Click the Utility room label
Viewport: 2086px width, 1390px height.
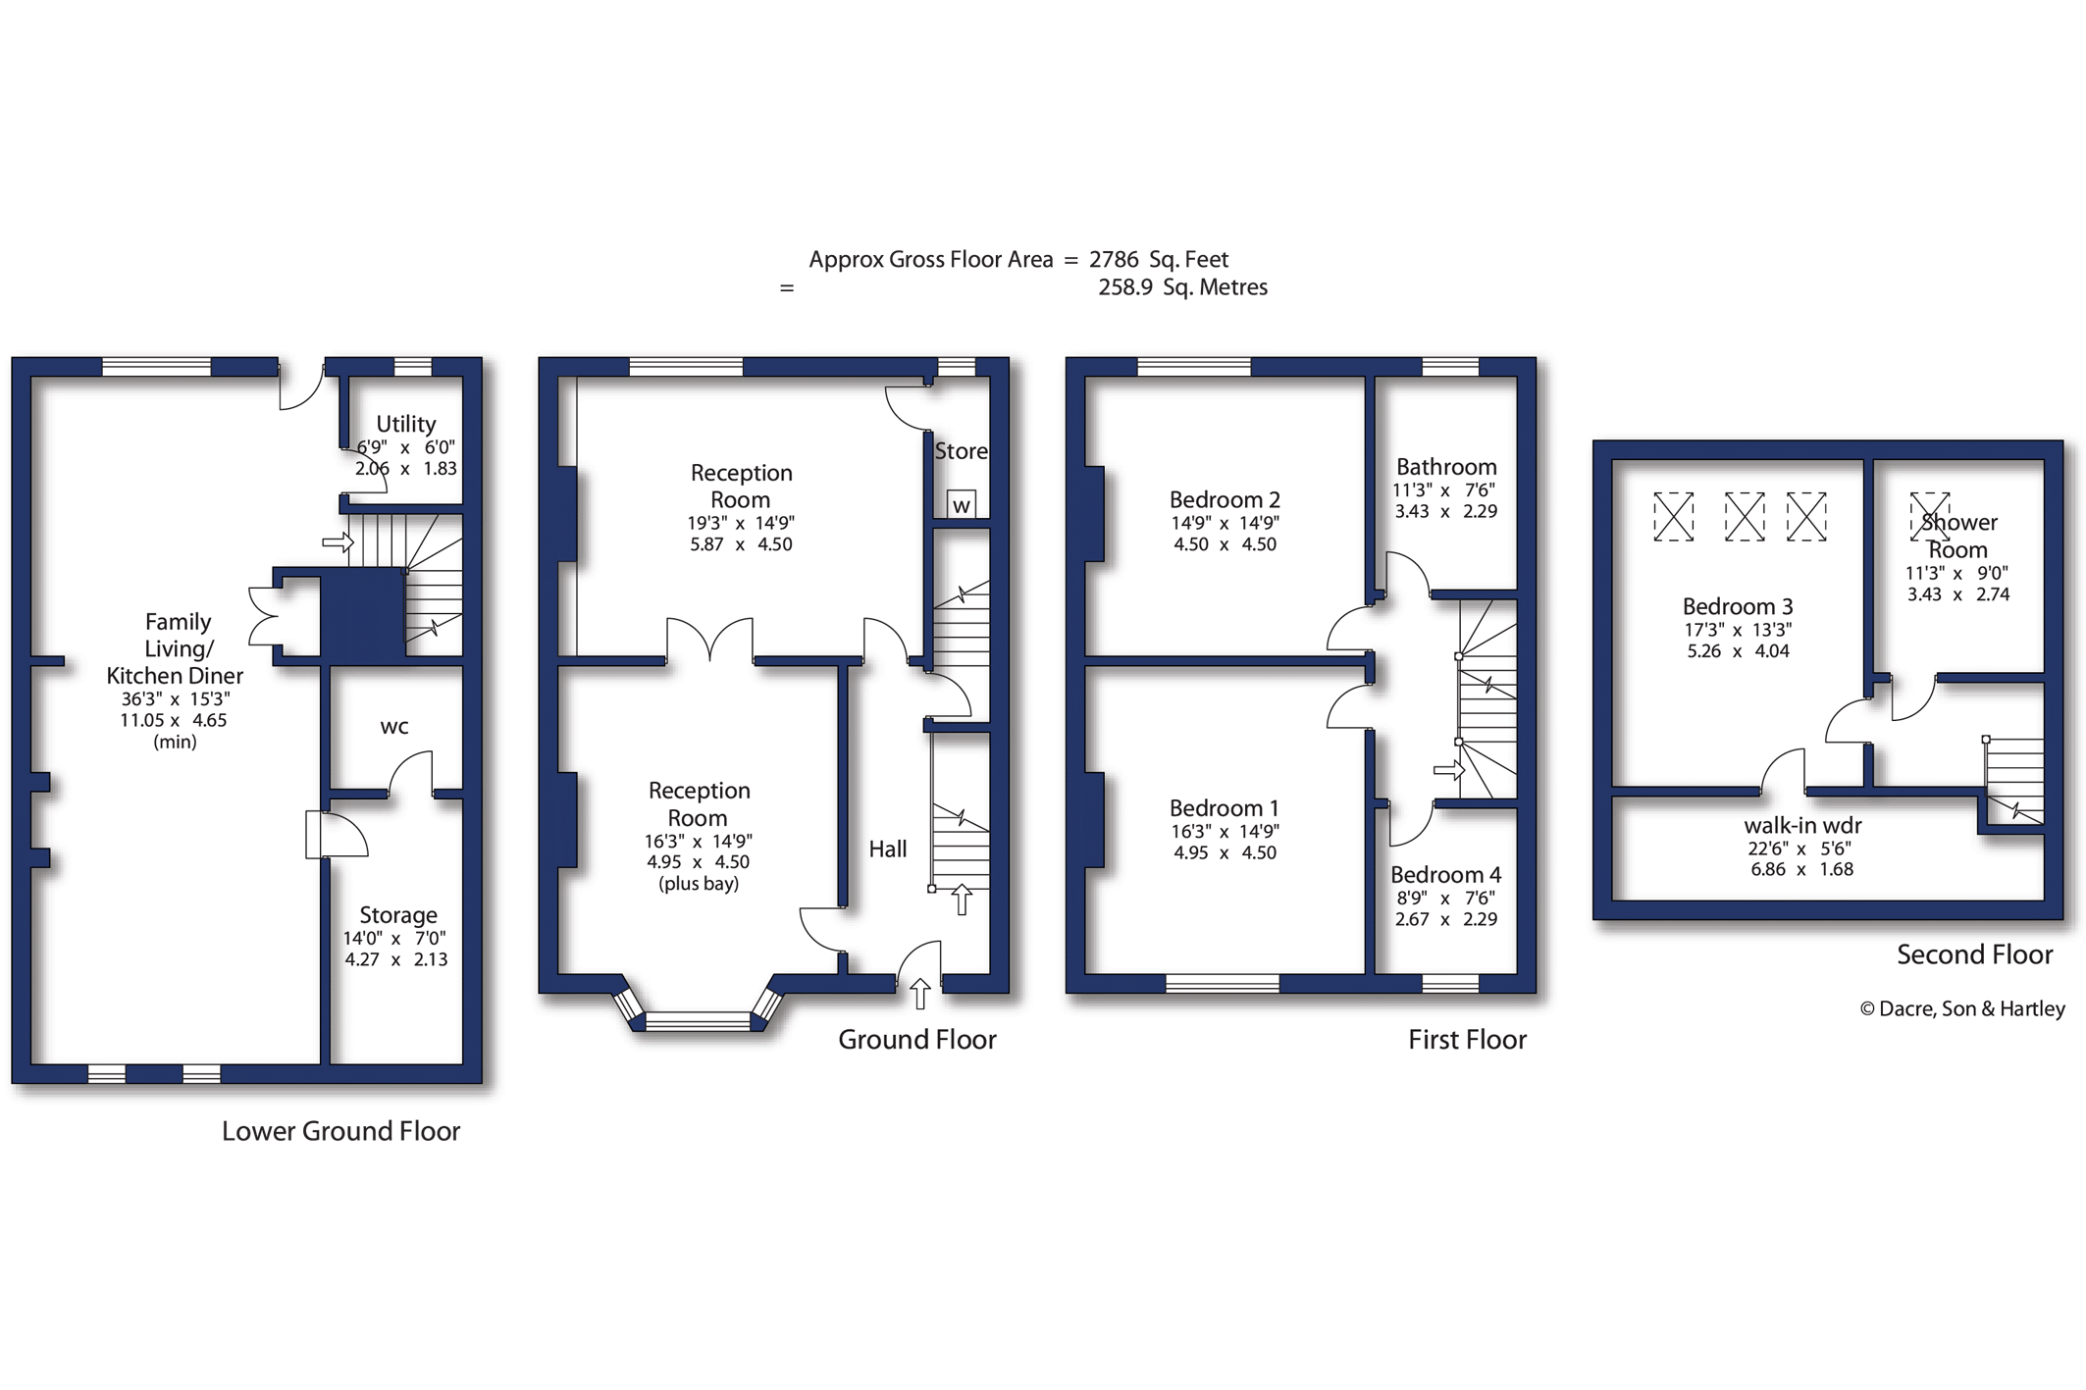coord(405,424)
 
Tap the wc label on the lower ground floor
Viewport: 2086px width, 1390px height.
coord(394,727)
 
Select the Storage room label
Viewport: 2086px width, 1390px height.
coord(398,915)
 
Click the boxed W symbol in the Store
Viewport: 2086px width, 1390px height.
coord(962,504)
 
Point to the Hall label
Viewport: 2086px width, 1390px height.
coord(888,849)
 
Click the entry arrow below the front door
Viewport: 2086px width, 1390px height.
coord(919,993)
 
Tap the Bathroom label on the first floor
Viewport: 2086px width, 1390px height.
coord(1446,467)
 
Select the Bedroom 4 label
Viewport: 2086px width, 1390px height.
coord(1445,875)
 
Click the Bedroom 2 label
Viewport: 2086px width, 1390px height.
coord(1225,500)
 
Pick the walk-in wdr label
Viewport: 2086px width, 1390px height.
coord(1802,826)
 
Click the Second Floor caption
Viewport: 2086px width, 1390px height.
coord(1974,954)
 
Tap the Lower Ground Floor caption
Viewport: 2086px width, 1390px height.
coord(340,1131)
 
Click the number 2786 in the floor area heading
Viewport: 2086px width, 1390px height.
coord(1114,259)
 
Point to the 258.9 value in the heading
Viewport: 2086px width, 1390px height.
coord(1125,286)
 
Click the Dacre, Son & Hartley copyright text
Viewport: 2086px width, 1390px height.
coord(1962,1008)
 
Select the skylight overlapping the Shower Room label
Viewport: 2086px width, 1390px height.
coord(1930,516)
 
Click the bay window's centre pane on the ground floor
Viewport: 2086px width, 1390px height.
coord(698,1022)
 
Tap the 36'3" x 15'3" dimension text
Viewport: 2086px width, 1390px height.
coord(176,698)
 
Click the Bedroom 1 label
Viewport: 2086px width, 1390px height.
coord(1225,808)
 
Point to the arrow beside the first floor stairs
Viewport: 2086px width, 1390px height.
coord(1449,771)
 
